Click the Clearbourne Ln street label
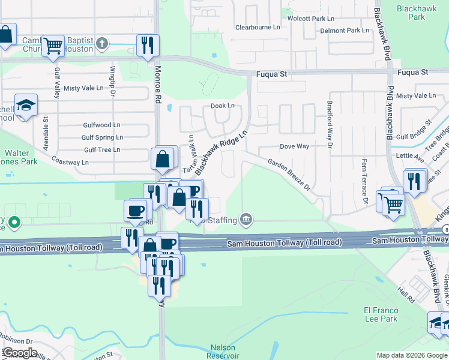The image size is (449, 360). tap(258, 28)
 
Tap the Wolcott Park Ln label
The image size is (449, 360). tap(311, 19)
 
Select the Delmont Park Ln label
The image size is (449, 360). tap(345, 31)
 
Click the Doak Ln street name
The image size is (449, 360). tap(222, 106)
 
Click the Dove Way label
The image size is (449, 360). tap(295, 146)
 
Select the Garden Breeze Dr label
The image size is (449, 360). tap(289, 175)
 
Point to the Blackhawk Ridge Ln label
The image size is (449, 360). tap(221, 151)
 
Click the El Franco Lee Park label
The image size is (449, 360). tap(381, 314)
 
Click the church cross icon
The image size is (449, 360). tap(103, 43)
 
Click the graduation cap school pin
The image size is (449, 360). tap(26, 106)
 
